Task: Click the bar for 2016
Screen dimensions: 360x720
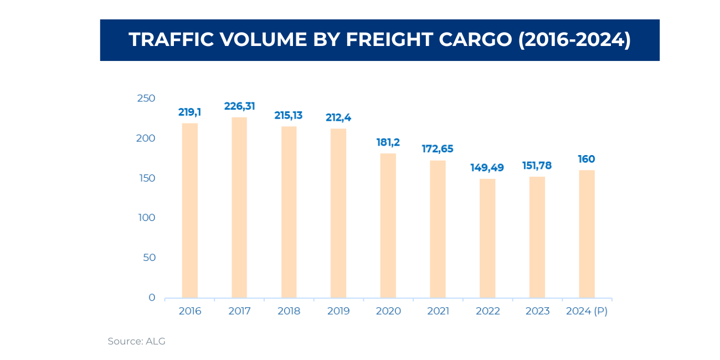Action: (189, 210)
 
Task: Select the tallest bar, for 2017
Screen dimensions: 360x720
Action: (239, 208)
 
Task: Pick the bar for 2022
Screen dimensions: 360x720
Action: (487, 238)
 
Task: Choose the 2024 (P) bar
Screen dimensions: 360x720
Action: (587, 234)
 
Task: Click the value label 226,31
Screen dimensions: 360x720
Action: (239, 106)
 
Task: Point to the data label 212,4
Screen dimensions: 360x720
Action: (338, 117)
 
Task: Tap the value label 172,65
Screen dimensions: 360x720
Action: (438, 149)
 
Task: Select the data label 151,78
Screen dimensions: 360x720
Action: (537, 166)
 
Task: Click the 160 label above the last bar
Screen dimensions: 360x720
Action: (587, 159)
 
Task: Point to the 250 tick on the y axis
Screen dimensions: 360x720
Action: (146, 99)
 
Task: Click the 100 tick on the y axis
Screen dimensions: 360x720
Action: (146, 218)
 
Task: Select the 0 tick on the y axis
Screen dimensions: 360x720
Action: (152, 298)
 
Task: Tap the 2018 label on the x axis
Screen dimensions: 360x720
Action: (289, 311)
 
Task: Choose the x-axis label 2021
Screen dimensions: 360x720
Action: (438, 311)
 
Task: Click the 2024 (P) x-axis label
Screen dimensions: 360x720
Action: (587, 311)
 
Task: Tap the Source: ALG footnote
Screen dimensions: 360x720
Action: (136, 341)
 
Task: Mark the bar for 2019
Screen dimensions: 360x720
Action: (338, 213)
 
